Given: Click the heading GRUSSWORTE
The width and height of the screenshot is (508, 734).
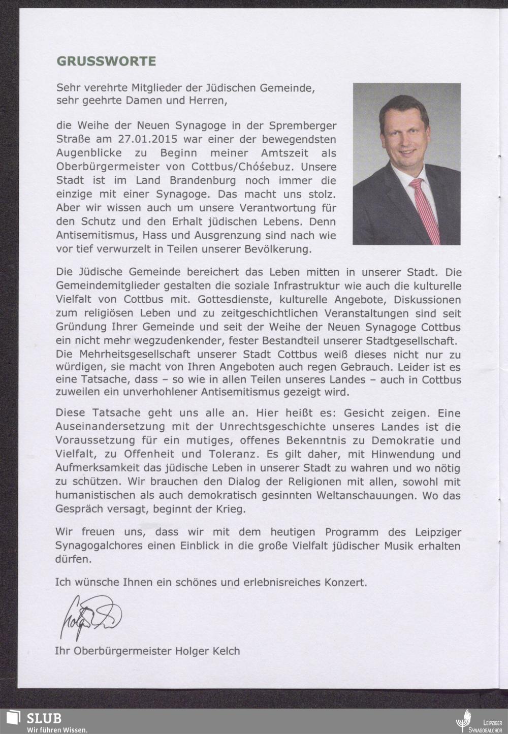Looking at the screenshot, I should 106,61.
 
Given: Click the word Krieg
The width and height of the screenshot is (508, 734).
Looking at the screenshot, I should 232,508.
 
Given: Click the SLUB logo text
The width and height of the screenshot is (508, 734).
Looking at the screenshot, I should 44,718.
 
